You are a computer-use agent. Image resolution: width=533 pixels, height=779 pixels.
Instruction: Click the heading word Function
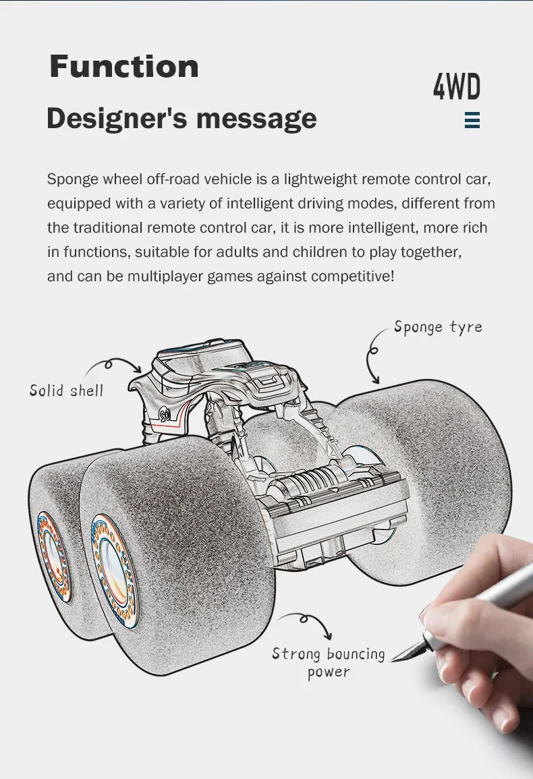point(124,67)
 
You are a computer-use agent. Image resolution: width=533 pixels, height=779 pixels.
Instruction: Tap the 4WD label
point(457,88)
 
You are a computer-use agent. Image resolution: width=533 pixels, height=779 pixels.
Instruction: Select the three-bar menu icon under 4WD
point(472,121)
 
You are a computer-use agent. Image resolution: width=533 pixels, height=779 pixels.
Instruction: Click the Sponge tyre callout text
point(438,327)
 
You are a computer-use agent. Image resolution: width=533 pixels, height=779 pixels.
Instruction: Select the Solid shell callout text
point(66,391)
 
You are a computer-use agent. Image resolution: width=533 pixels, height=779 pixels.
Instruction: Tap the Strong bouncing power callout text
point(329,662)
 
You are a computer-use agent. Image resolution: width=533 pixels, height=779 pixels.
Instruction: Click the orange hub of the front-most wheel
point(113,567)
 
